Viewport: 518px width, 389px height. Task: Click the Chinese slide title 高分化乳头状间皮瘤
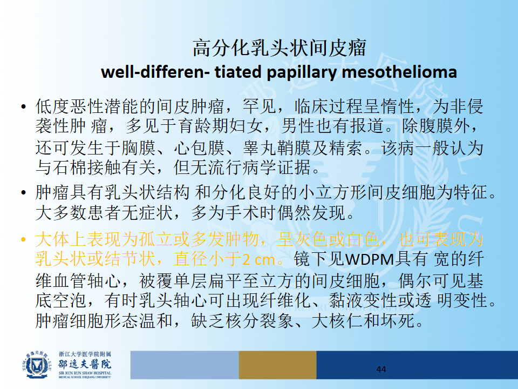pyautogui.click(x=280, y=48)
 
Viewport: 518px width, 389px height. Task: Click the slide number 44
pyautogui.click(x=381, y=369)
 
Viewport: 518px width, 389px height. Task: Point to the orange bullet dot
pyautogui.click(x=23, y=239)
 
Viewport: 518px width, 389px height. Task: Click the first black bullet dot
pyautogui.click(x=23, y=106)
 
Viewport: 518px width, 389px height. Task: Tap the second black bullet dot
pyautogui.click(x=23, y=192)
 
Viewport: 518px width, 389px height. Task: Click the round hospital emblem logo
pyautogui.click(x=37, y=365)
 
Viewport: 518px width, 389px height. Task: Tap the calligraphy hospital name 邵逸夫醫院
pyautogui.click(x=85, y=364)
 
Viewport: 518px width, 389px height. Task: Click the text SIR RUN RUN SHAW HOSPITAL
pyautogui.click(x=85, y=373)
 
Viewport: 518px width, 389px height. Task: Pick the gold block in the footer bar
pyautogui.click(x=277, y=365)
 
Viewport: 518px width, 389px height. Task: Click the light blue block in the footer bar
pyautogui.click(x=185, y=365)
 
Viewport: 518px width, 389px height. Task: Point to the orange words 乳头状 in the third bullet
pyautogui.click(x=61, y=259)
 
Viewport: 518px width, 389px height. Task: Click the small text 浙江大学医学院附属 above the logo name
pyautogui.click(x=85, y=354)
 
